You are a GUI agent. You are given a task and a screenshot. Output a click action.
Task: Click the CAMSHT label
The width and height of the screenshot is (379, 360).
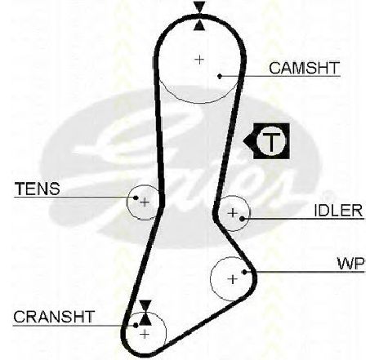click(305, 68)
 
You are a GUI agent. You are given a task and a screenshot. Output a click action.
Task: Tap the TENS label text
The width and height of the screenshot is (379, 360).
click(38, 189)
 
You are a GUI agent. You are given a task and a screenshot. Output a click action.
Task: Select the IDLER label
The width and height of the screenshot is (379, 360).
click(338, 211)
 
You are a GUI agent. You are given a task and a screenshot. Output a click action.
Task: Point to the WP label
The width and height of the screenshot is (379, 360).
click(350, 264)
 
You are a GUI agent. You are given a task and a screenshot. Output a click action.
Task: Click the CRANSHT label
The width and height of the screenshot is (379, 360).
click(54, 317)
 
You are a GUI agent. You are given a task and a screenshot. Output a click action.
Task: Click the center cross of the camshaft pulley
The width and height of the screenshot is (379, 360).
click(199, 60)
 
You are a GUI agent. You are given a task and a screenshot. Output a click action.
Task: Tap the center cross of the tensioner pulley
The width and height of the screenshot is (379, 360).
click(145, 202)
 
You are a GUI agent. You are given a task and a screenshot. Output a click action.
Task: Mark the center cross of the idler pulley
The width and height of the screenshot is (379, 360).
click(233, 212)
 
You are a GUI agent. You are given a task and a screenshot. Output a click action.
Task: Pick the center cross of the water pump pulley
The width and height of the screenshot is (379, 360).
click(233, 279)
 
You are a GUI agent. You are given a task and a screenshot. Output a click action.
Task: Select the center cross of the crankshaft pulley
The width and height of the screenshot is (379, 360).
click(145, 334)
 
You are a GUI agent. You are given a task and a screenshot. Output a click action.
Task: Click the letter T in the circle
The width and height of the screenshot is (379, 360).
click(271, 141)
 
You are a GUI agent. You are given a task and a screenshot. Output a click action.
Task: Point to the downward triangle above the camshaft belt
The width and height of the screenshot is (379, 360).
click(200, 7)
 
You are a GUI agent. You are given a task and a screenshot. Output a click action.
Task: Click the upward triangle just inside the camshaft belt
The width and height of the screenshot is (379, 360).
click(200, 24)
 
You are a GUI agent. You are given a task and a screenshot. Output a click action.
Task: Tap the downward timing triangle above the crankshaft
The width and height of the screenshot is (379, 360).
click(145, 305)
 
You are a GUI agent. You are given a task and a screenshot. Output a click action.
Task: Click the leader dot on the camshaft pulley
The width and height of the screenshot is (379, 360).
click(220, 76)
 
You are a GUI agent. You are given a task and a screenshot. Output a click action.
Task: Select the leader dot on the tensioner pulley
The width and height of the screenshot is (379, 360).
click(136, 198)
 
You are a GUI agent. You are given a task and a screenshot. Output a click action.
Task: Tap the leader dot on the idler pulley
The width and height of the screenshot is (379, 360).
click(242, 218)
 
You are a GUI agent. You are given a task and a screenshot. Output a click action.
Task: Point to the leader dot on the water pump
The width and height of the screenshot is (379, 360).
click(244, 272)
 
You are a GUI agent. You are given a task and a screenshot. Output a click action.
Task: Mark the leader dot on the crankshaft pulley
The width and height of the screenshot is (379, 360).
click(136, 325)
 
